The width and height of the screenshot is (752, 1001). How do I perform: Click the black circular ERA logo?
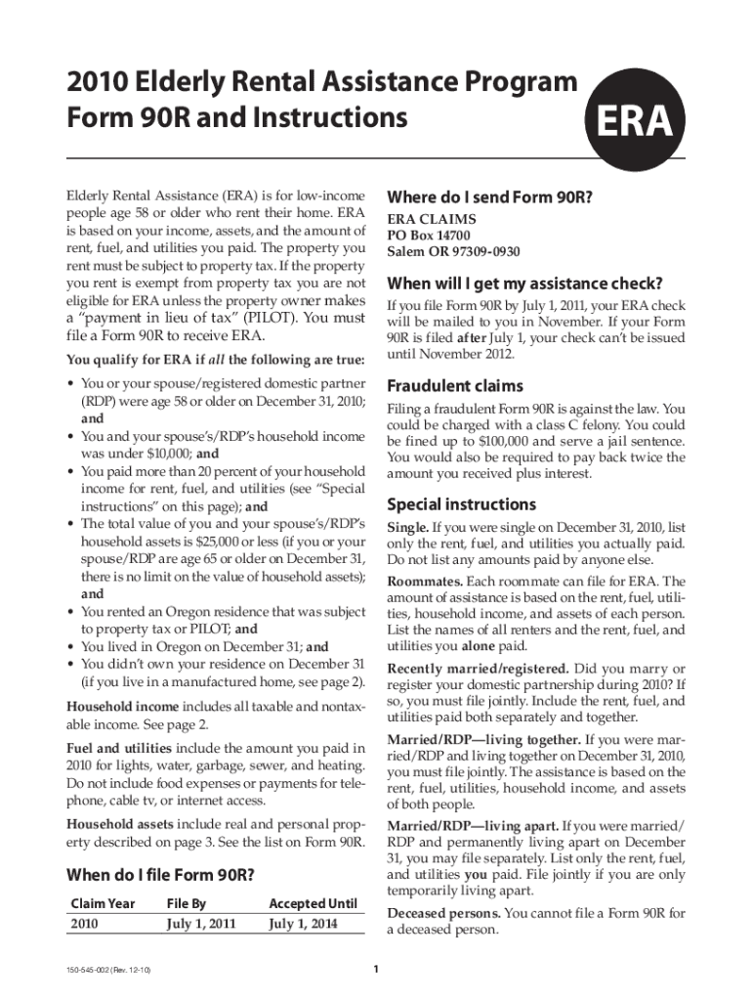point(629,124)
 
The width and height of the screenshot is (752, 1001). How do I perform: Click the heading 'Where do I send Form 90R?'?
point(490,196)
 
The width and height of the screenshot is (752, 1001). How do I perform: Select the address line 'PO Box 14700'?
point(429,236)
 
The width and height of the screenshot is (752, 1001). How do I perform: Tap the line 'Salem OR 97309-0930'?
point(453,251)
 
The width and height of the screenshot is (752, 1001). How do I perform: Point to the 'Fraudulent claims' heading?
point(455,384)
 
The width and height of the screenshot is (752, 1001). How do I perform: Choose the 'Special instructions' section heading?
point(462,504)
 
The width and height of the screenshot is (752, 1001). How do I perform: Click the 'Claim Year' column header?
point(103,903)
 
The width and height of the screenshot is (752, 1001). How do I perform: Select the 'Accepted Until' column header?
point(313,903)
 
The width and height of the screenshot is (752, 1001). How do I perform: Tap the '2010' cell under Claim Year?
point(85,923)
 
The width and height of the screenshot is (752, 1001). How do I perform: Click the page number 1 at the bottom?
point(376,970)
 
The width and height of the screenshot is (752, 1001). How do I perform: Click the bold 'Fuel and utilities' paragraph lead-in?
point(118,748)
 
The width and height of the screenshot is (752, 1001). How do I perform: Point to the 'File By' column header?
point(185,903)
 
